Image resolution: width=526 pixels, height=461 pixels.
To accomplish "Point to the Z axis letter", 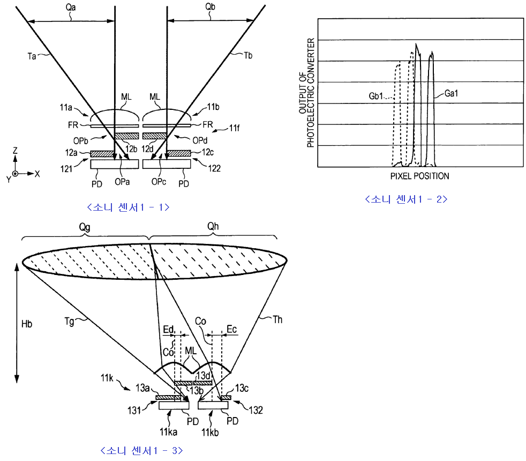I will (16, 151).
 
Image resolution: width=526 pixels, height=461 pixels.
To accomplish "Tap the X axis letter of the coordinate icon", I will (37, 174).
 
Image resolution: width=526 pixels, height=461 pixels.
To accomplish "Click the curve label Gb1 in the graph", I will (377, 96).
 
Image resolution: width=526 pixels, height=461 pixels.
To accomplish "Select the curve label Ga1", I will (452, 93).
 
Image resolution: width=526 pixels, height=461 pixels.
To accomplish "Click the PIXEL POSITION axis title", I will (420, 176).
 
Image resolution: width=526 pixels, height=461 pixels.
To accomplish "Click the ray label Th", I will (277, 320).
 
